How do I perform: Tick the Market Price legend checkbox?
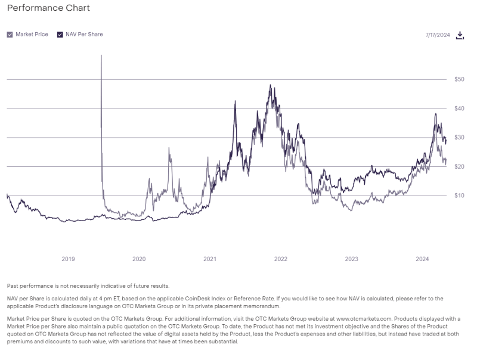[10, 35]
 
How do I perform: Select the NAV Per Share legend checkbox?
[60, 35]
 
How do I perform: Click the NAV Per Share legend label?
[85, 35]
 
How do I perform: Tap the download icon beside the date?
[460, 35]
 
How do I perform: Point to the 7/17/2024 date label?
[437, 35]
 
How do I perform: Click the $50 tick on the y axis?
[459, 79]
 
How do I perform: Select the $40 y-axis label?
[459, 108]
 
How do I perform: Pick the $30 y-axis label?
[459, 138]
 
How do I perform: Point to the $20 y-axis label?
[459, 167]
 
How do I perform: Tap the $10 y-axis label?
[459, 195]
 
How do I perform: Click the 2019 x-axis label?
[68, 259]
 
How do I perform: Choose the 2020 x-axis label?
[139, 259]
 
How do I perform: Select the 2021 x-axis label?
[210, 259]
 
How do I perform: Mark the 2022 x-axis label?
[281, 259]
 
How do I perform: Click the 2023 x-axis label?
[351, 259]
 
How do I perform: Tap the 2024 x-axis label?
[422, 259]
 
